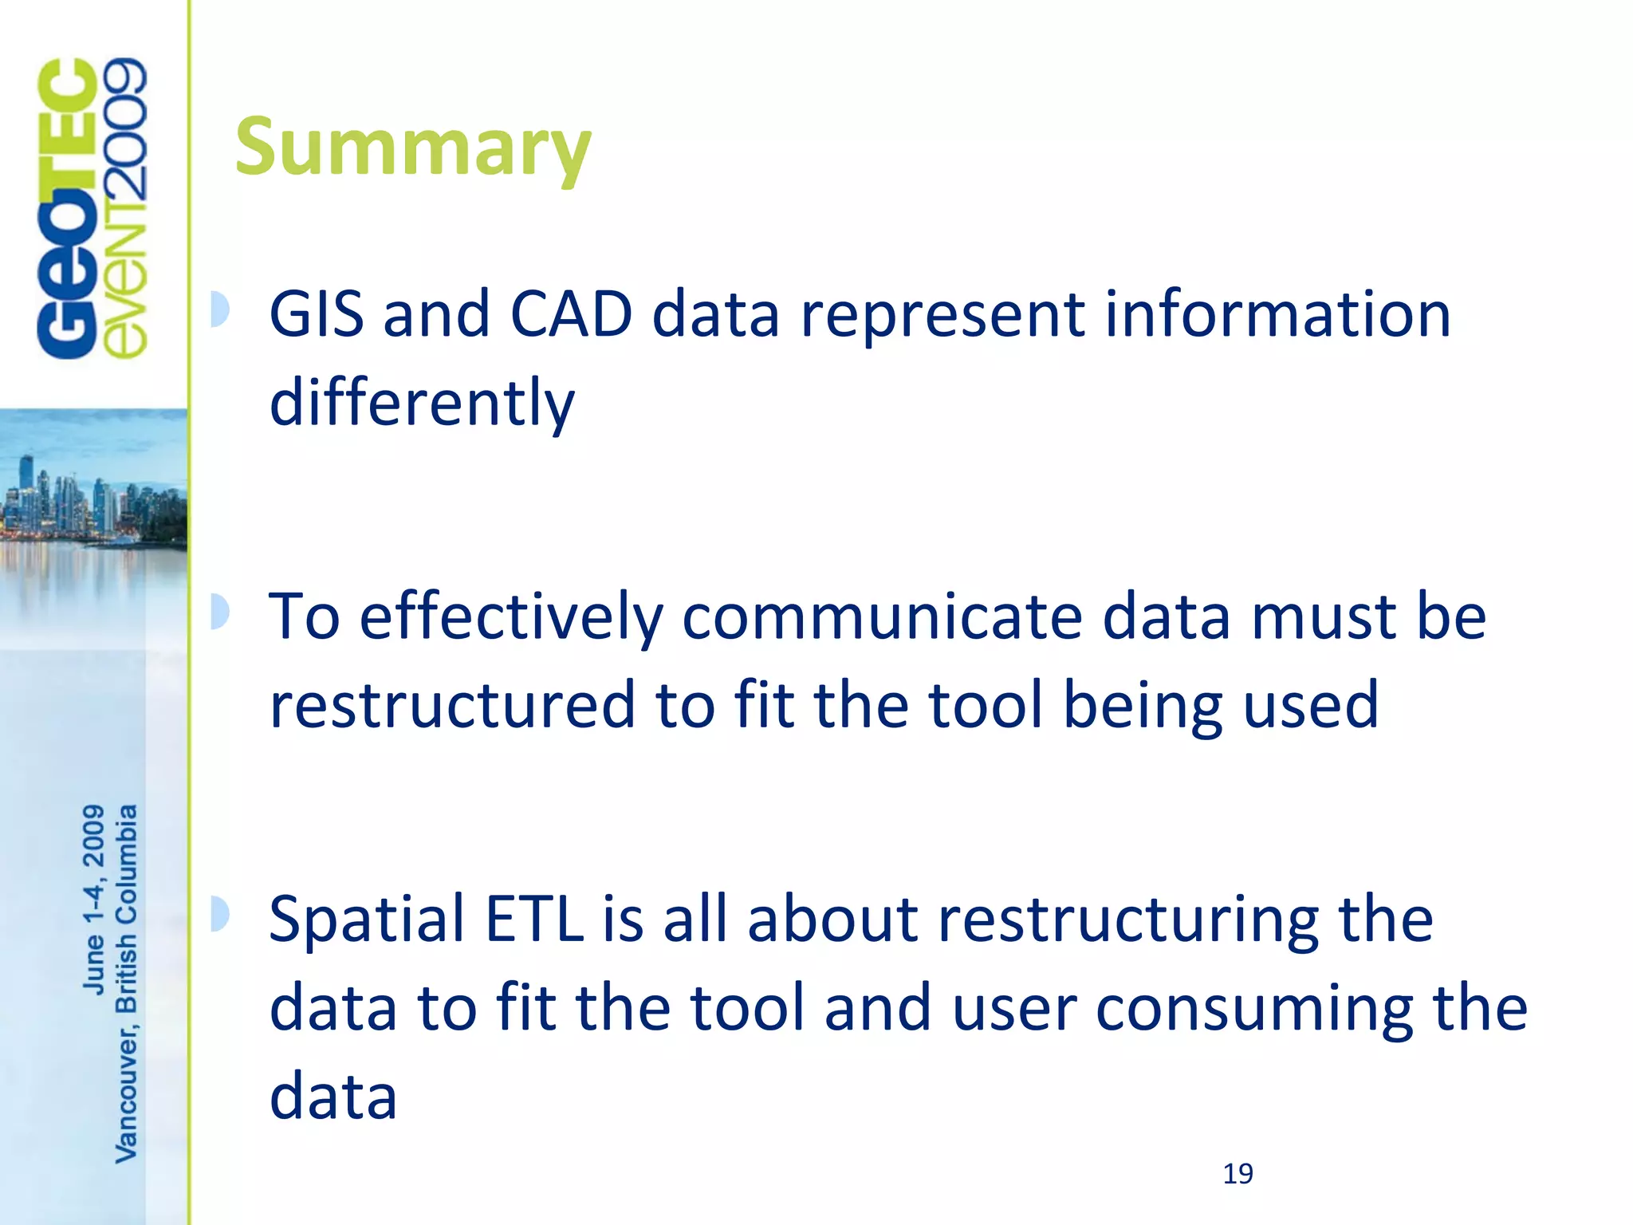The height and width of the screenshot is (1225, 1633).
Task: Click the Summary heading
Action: (413, 148)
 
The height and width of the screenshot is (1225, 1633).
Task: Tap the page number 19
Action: (1238, 1174)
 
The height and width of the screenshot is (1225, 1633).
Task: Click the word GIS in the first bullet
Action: (316, 314)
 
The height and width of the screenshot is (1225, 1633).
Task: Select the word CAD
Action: (570, 314)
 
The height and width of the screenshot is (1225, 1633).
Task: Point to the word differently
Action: (422, 403)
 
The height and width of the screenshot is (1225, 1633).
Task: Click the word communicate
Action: (882, 617)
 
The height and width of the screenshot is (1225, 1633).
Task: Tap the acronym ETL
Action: (534, 920)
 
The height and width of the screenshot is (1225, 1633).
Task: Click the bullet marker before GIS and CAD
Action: (219, 309)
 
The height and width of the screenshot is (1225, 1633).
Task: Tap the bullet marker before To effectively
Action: (219, 612)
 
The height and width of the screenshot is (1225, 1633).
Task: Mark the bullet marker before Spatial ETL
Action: (219, 914)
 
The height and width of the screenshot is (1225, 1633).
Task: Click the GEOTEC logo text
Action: (67, 209)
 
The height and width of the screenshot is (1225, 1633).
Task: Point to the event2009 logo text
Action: (126, 209)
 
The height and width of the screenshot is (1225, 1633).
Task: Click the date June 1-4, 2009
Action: (94, 900)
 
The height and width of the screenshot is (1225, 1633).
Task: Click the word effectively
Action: (511, 617)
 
